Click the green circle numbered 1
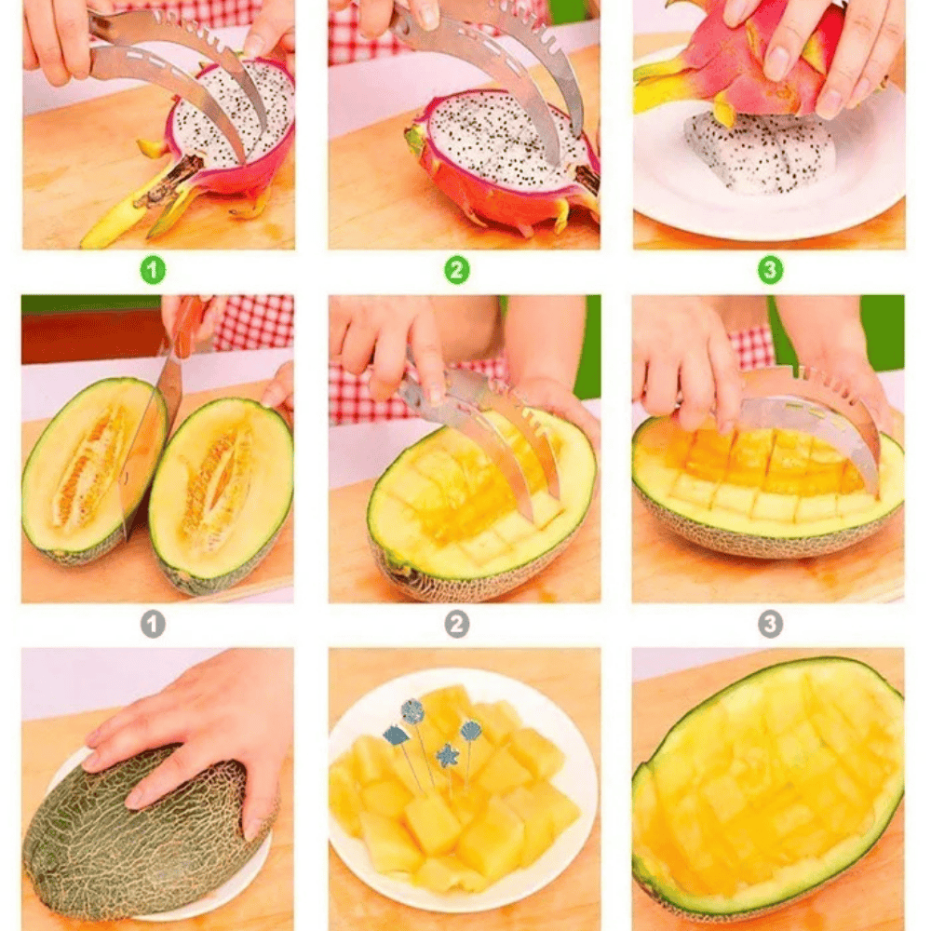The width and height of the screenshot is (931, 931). (x=153, y=270)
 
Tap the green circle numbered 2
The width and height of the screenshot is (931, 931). (x=456, y=270)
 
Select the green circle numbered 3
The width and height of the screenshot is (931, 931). (x=770, y=270)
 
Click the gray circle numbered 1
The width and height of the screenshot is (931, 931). (x=153, y=624)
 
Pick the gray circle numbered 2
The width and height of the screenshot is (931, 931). (x=456, y=624)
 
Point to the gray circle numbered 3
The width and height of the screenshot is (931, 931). (x=770, y=624)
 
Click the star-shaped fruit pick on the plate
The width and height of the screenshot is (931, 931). (x=447, y=756)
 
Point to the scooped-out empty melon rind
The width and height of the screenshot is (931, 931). (x=768, y=789)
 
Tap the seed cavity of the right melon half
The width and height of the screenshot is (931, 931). (x=217, y=481)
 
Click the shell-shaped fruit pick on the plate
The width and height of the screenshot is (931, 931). (x=471, y=730)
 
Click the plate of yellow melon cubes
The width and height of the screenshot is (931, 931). (x=462, y=789)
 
